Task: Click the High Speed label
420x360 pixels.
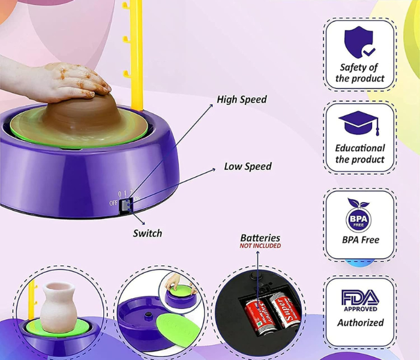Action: point(242,100)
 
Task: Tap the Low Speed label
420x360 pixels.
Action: point(248,166)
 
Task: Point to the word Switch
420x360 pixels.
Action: point(148,233)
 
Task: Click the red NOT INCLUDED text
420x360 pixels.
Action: point(260,246)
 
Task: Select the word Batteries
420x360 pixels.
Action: point(260,238)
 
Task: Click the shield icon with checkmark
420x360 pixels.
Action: point(359,42)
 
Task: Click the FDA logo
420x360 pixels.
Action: point(360,300)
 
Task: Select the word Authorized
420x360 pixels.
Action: point(361,323)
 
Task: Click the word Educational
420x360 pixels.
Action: point(360,148)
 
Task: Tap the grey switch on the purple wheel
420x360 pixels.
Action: point(125,205)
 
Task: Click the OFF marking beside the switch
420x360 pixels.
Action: point(113,203)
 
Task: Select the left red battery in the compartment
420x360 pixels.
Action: point(259,317)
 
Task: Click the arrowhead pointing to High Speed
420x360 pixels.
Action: point(211,106)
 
